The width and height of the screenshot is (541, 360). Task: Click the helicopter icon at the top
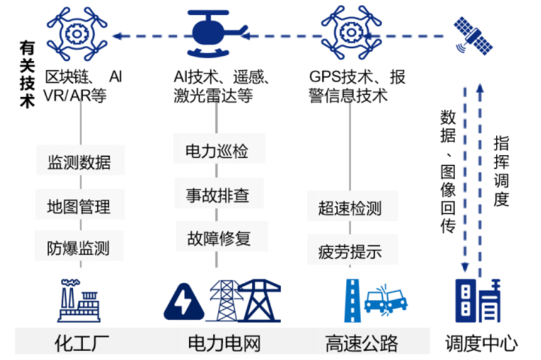click(217, 31)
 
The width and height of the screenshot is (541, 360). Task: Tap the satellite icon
click(474, 36)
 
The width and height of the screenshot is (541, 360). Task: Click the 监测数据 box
click(79, 162)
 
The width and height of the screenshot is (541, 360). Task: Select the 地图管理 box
click(79, 205)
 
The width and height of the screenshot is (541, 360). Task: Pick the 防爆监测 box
click(79, 246)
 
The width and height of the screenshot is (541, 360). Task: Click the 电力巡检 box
click(217, 151)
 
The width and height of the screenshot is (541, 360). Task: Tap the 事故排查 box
click(217, 194)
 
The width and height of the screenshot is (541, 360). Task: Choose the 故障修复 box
click(217, 237)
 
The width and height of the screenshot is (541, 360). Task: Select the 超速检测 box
click(350, 208)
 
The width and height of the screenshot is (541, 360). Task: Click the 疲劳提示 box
click(350, 252)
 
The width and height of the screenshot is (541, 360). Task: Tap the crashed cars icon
click(385, 300)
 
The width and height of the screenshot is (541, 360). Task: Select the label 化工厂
click(82, 343)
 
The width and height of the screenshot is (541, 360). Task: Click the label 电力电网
click(224, 343)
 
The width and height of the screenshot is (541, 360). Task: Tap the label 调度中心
click(481, 343)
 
